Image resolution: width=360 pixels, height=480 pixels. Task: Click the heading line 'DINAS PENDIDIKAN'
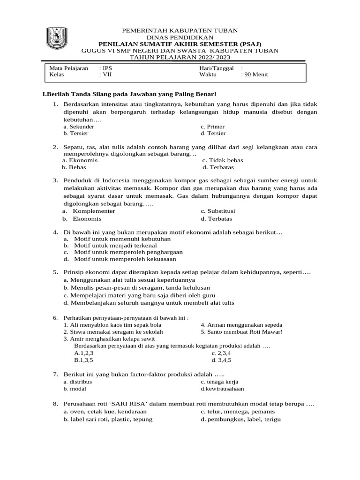click(180, 37)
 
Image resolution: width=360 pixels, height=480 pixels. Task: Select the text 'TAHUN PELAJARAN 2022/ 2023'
click(180, 57)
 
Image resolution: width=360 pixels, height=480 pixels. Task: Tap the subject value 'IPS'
click(107, 68)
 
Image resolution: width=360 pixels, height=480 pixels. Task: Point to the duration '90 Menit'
click(255, 75)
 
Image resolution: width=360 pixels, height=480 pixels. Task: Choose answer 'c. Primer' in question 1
click(212, 127)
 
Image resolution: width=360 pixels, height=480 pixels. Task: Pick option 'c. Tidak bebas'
click(223, 160)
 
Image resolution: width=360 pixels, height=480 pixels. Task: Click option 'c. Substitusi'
click(218, 211)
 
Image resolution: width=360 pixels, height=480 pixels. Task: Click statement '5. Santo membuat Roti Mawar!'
click(241, 331)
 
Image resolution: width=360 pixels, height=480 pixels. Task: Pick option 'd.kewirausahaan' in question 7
click(222, 389)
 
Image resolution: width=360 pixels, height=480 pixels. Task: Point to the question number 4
click(55, 232)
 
